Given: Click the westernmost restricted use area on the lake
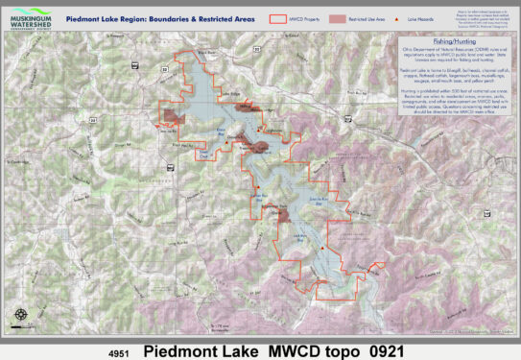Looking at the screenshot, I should pyautogui.click(x=172, y=116).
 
